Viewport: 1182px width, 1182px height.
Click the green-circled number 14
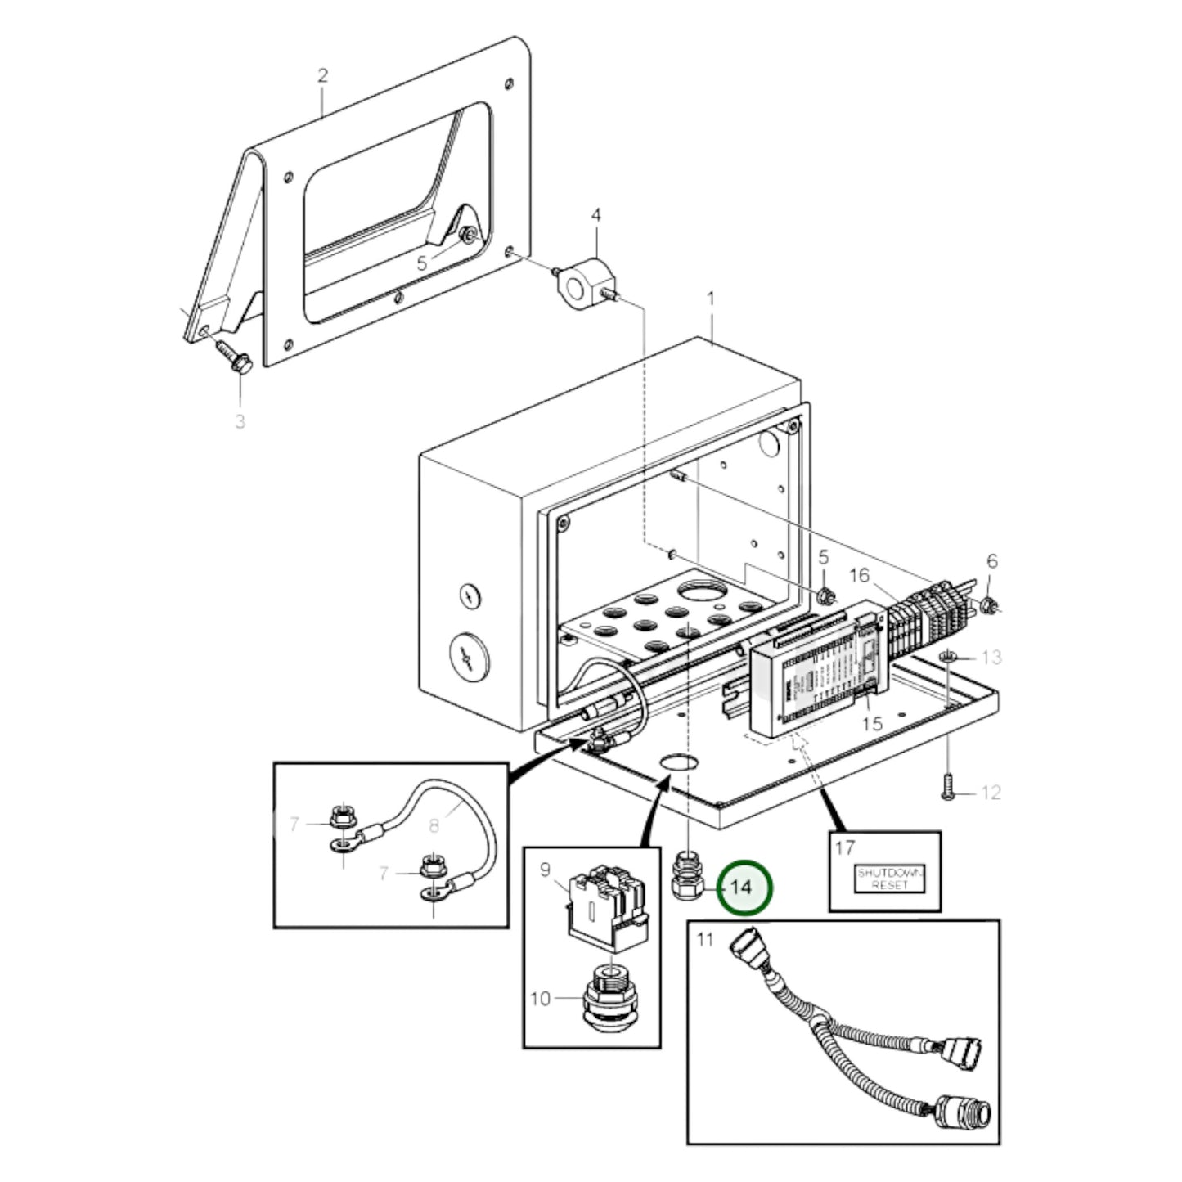(744, 887)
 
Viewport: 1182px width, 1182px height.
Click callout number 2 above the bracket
(322, 76)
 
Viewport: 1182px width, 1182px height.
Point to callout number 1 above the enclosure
(710, 299)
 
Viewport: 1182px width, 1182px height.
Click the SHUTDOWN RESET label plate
(889, 879)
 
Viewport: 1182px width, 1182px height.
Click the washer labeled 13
(948, 657)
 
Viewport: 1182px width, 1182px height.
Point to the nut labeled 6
(989, 605)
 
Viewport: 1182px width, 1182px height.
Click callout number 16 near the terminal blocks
(859, 577)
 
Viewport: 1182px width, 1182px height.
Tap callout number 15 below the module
(872, 724)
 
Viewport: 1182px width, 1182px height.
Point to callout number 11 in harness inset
(705, 940)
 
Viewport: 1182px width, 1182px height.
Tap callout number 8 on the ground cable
(434, 825)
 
